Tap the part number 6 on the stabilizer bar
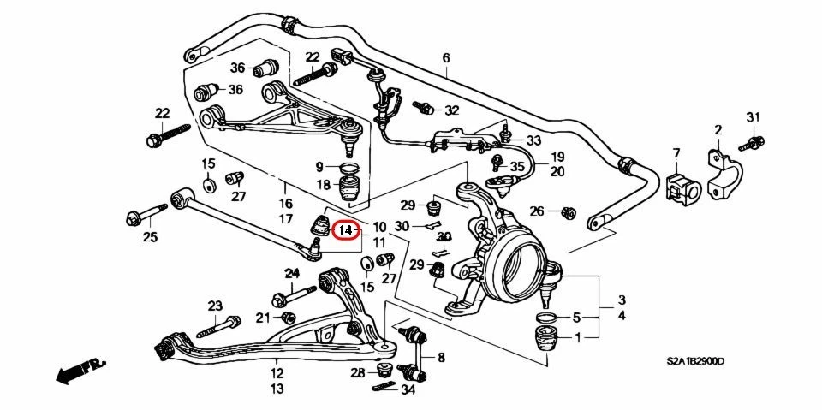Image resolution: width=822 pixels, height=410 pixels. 445,58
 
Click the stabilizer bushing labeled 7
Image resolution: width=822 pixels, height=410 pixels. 682,186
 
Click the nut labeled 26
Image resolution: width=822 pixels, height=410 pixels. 566,211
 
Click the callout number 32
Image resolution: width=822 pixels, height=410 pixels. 451,110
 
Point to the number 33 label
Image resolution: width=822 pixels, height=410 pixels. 533,140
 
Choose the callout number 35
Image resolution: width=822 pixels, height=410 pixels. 516,166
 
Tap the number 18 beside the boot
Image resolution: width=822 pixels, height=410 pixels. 323,186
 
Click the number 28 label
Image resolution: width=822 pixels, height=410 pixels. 357,372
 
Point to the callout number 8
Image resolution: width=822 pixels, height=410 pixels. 441,357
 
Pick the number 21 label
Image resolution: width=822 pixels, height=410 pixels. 263,318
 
